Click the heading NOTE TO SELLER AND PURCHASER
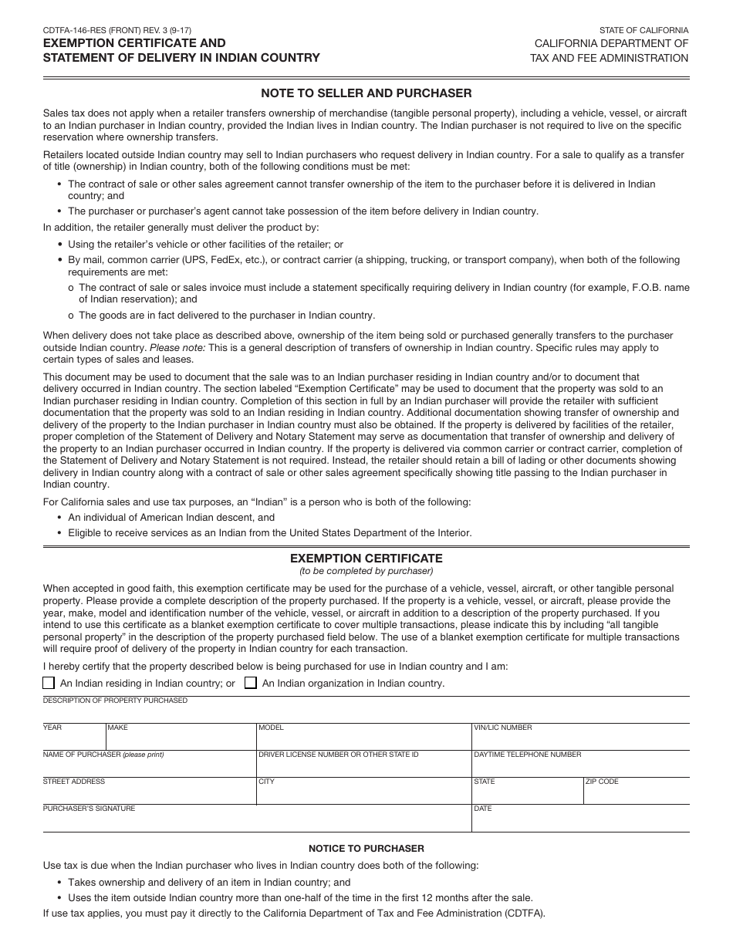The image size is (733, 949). (366, 93)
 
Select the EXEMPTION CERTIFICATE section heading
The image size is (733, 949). (366, 558)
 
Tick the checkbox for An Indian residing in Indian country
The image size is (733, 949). (49, 683)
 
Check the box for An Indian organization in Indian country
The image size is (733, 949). (251, 683)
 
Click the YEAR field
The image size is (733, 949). (73, 739)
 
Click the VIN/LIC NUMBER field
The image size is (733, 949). (580, 739)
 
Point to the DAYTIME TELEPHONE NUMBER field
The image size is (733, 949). (580, 766)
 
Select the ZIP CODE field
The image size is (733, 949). (636, 793)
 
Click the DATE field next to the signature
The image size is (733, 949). (580, 820)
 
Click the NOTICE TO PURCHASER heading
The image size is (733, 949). (366, 848)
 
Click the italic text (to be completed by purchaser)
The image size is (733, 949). (366, 571)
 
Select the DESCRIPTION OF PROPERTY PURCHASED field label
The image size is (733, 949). (115, 701)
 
